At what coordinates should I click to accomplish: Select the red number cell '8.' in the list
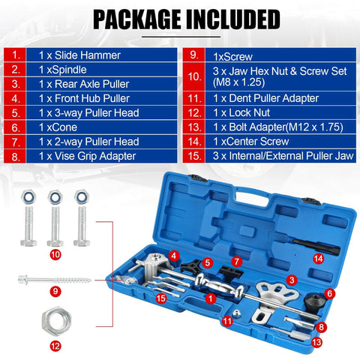click(x=16, y=157)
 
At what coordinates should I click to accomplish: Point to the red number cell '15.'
click(x=193, y=157)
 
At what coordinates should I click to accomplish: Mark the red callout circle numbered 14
click(x=319, y=258)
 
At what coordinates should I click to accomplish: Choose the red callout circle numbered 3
click(x=289, y=279)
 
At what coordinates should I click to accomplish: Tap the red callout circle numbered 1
click(x=211, y=298)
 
